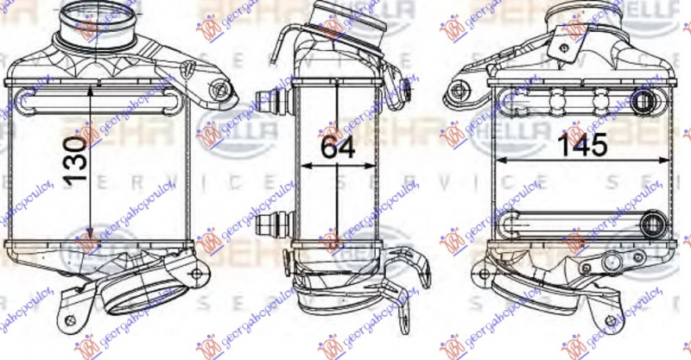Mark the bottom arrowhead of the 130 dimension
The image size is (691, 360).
point(90,236)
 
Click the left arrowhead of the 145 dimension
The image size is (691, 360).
point(497,162)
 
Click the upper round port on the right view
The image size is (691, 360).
point(643,102)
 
